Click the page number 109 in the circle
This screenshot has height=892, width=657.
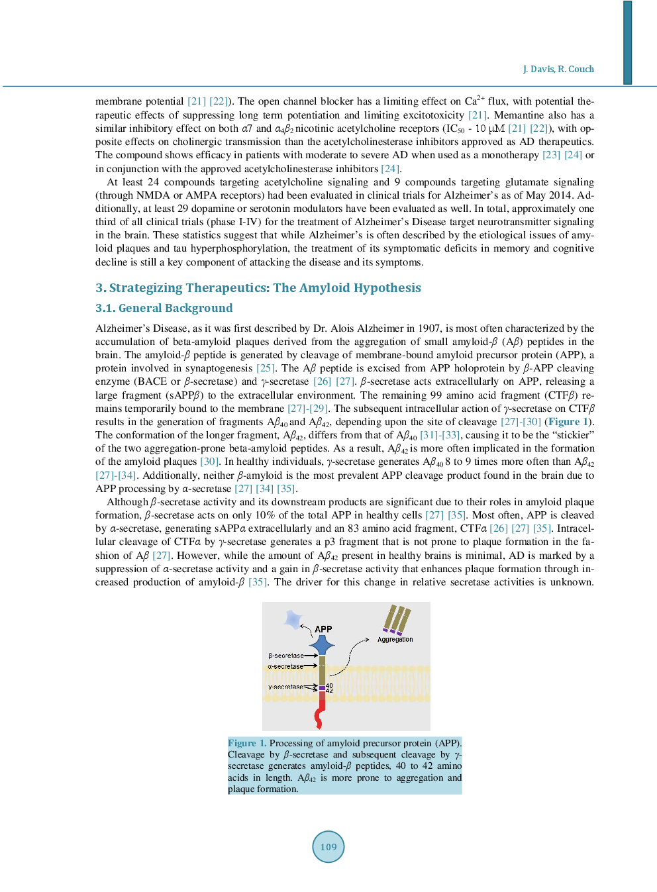point(328,847)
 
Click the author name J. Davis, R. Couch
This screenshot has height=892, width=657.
point(558,69)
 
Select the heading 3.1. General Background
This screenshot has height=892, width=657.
point(164,308)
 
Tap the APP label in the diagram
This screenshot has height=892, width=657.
point(323,629)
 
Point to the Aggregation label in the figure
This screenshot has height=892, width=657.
point(395,640)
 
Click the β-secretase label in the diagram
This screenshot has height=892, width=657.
point(286,656)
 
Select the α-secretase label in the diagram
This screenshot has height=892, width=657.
point(285,666)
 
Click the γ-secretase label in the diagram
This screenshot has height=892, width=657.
point(285,687)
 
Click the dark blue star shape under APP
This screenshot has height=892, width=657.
point(322,644)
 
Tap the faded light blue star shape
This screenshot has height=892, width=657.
point(293,619)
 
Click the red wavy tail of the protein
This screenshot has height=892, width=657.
point(320,717)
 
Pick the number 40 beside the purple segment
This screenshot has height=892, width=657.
point(329,685)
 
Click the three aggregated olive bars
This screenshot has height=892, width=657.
point(397,620)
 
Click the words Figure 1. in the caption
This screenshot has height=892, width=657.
point(247,743)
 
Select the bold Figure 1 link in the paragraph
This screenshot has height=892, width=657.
point(568,422)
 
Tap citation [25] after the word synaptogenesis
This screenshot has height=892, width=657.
point(266,368)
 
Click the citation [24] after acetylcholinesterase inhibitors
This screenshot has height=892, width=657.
point(390,169)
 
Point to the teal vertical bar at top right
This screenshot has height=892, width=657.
point(627,42)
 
